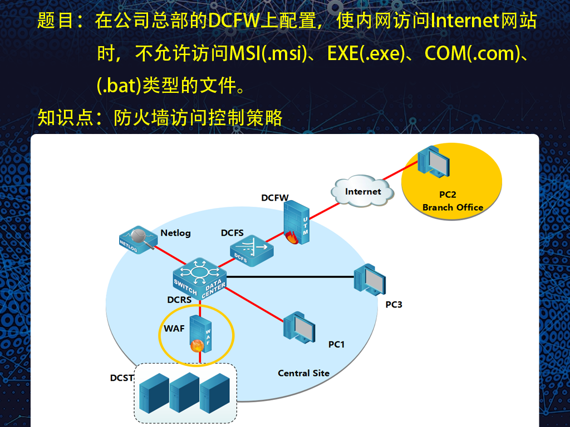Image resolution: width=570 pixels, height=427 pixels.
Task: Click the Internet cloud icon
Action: pos(362,191)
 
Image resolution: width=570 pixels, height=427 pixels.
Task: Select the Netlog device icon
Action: pos(138,240)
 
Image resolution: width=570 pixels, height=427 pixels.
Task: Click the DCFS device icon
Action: pos(252,250)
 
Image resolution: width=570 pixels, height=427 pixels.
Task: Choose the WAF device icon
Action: pos(200,334)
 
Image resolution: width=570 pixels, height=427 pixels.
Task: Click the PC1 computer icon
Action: pos(299,327)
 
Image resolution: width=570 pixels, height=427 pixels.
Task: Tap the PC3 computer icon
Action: pos(370,280)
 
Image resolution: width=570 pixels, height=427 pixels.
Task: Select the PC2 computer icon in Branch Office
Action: pos(434,162)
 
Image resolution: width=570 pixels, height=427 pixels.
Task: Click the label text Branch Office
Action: pos(453,207)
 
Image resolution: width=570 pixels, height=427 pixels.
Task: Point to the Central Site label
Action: pos(303,373)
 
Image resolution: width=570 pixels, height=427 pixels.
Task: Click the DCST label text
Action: pos(122,378)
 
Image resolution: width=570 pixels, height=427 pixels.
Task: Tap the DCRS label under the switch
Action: pos(179,300)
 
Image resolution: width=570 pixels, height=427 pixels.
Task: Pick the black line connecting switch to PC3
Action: pos(290,277)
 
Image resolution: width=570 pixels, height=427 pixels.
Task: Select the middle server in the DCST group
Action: pos(184,393)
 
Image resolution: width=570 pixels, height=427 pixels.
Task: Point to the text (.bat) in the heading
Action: pos(119,86)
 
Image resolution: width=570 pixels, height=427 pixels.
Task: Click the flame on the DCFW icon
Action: pos(292,237)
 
